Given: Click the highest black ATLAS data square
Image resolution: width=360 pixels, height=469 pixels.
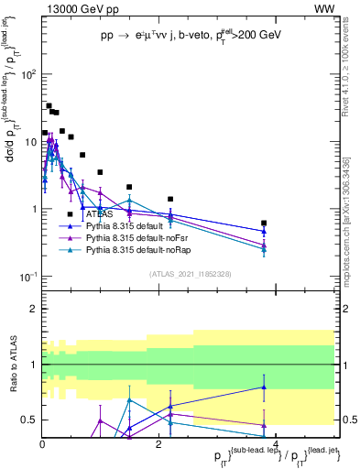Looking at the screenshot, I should (49, 106).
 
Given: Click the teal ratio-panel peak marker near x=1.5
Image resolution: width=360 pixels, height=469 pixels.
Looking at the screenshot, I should (130, 399).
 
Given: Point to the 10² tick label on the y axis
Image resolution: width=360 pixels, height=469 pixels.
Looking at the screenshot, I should (27, 74).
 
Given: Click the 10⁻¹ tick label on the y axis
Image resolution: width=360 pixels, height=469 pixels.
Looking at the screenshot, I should (27, 276).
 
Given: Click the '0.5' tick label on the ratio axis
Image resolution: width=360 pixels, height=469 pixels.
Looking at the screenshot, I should (27, 420).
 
